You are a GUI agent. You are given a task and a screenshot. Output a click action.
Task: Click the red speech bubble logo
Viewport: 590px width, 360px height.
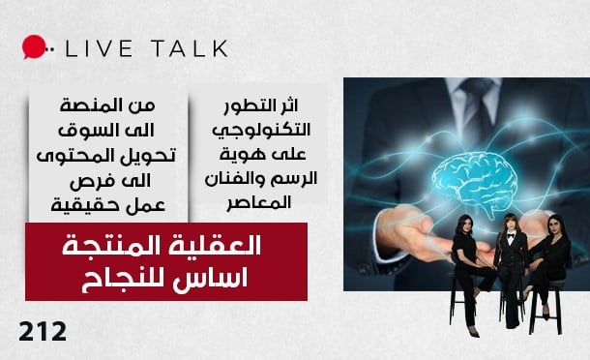(x=34, y=46)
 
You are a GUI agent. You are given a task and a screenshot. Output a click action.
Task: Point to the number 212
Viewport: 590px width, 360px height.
(x=43, y=332)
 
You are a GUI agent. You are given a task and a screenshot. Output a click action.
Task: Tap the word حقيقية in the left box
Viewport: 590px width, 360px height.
(x=83, y=205)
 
